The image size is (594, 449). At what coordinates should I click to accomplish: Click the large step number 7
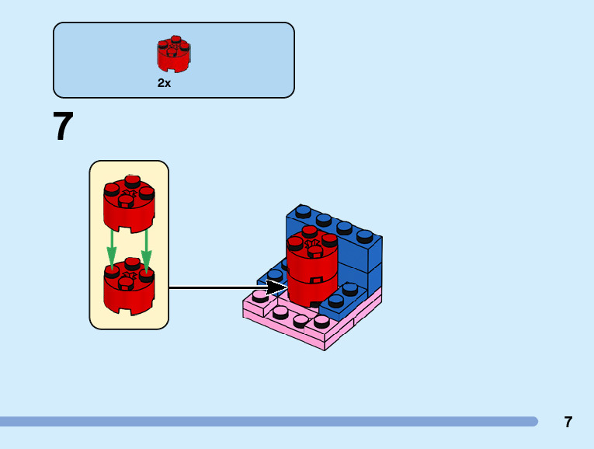[x=63, y=127]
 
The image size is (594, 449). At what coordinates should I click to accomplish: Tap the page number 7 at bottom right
[x=568, y=423]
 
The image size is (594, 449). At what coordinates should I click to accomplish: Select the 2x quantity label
[x=164, y=83]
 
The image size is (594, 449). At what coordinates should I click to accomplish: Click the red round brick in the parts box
[x=174, y=54]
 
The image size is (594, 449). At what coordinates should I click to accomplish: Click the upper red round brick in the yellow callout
[x=129, y=204]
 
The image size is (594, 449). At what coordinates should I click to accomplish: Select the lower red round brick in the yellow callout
[x=129, y=287]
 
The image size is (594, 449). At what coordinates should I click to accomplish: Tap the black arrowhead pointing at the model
[x=277, y=287]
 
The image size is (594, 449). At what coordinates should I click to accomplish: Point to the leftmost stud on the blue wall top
[x=304, y=211]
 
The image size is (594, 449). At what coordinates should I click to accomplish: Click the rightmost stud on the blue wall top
[x=365, y=235]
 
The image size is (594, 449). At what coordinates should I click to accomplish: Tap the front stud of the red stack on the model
[x=314, y=250]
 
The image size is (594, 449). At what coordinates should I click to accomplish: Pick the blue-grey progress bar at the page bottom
[x=268, y=422]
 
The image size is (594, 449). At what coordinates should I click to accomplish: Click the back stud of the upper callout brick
[x=133, y=180]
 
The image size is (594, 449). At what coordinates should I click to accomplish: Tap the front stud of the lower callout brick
[x=126, y=284]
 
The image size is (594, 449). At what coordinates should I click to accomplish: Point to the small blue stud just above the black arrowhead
[x=275, y=274]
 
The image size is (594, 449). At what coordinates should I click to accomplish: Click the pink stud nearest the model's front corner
[x=321, y=321]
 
